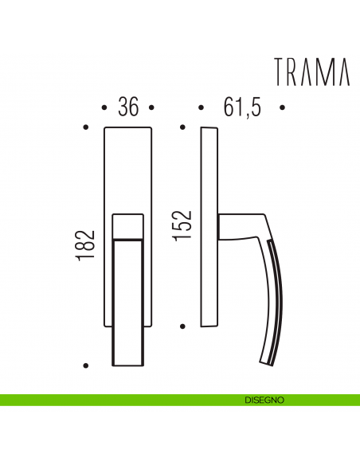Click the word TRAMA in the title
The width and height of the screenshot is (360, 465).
click(x=312, y=72)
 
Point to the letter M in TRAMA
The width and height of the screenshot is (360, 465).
click(x=326, y=72)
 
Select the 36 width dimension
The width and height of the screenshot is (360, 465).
click(x=127, y=107)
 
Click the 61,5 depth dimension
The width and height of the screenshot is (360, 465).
click(x=243, y=107)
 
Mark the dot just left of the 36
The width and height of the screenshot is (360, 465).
click(x=104, y=107)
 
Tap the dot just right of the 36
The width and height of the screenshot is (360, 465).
click(x=151, y=107)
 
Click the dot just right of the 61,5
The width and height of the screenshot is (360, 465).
click(x=283, y=107)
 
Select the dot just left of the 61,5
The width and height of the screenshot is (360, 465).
click(x=201, y=107)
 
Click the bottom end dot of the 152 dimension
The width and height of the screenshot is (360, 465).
click(x=182, y=326)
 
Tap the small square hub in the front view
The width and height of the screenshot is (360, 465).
click(x=127, y=226)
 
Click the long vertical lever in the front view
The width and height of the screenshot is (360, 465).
click(x=127, y=303)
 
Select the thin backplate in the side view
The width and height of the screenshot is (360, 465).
click(x=209, y=227)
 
